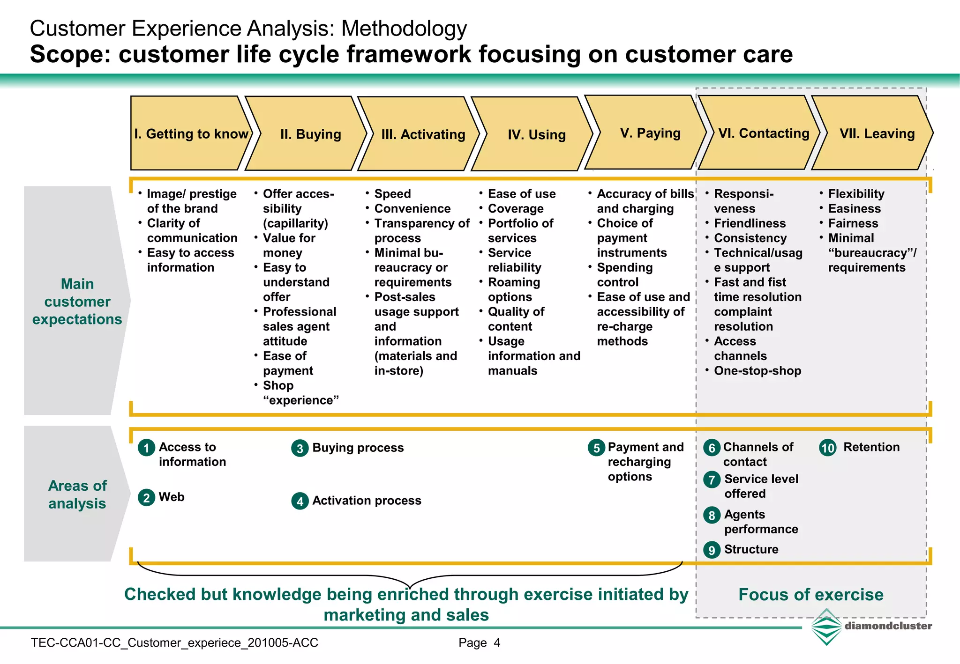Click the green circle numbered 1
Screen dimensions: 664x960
click(146, 448)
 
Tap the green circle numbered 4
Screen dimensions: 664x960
click(300, 502)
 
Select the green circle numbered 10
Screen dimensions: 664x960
click(828, 448)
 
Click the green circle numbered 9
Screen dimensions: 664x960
click(712, 550)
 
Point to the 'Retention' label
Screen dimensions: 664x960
click(871, 447)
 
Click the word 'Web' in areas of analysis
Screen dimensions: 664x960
click(172, 497)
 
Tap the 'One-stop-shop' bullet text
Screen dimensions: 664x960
click(757, 371)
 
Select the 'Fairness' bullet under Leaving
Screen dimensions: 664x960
click(853, 223)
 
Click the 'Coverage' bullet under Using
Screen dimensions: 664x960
click(516, 208)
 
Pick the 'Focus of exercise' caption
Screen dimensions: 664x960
click(810, 595)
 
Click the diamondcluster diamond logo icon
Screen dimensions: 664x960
click(826, 627)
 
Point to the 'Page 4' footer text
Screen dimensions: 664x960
click(479, 643)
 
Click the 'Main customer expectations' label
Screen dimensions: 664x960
click(77, 302)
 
